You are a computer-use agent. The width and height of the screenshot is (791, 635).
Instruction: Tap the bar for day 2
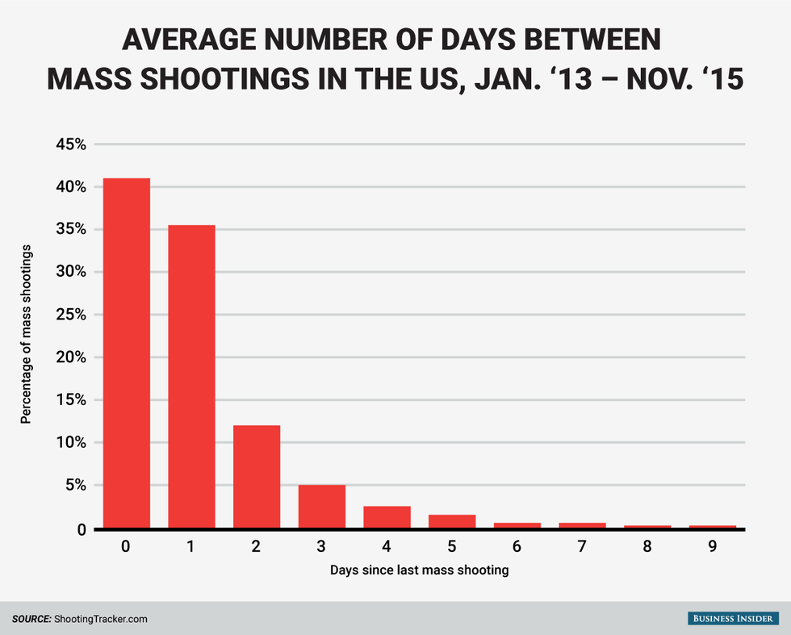click(257, 477)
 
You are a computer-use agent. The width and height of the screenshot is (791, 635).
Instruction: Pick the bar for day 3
click(322, 507)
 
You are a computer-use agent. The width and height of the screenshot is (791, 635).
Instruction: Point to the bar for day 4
click(387, 517)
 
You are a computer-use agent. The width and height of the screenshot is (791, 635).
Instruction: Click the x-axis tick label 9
click(713, 546)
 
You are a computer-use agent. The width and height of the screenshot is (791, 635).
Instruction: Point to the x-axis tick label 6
click(517, 546)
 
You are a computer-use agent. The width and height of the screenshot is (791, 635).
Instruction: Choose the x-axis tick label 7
click(582, 546)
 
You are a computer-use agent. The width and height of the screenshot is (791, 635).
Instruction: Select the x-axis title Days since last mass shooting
click(419, 570)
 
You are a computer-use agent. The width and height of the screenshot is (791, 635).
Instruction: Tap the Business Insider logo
click(734, 618)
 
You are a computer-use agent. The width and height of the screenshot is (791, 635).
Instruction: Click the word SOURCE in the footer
click(31, 619)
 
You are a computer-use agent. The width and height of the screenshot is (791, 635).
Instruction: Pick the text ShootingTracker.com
click(100, 619)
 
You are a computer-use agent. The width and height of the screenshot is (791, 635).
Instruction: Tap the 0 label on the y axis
click(82, 529)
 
